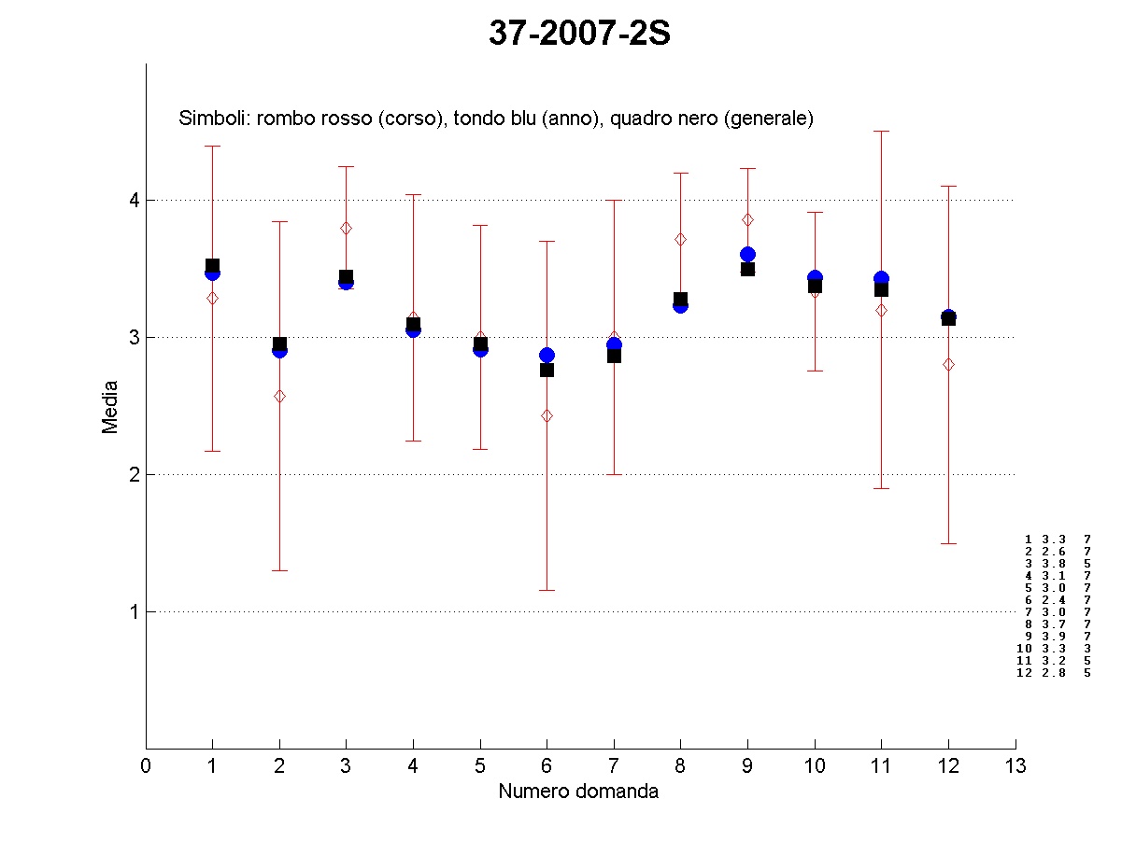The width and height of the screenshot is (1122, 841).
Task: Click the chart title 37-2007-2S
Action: [579, 35]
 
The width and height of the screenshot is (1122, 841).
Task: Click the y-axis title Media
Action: [110, 406]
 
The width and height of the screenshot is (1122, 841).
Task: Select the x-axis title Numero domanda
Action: [578, 792]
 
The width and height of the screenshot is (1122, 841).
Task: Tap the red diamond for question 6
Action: [547, 415]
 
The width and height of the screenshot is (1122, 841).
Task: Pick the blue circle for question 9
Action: [747, 254]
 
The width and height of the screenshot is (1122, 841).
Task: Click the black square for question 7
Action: [614, 356]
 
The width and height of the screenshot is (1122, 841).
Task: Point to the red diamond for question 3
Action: [347, 228]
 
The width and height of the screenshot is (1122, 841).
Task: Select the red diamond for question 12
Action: [949, 364]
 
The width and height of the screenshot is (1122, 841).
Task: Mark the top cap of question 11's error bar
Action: [882, 132]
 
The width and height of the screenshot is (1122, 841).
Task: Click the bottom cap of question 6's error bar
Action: [547, 590]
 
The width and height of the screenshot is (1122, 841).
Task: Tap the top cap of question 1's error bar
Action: [213, 147]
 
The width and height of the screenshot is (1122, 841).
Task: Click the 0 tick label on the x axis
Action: [146, 766]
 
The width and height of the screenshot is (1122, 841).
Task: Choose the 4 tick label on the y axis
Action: [134, 200]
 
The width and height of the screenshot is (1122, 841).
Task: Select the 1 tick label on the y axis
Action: [134, 611]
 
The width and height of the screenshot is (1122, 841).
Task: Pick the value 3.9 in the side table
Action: [1054, 636]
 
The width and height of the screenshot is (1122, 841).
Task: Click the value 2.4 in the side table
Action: [1054, 599]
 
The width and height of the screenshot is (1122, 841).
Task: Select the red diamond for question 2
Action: [279, 397]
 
